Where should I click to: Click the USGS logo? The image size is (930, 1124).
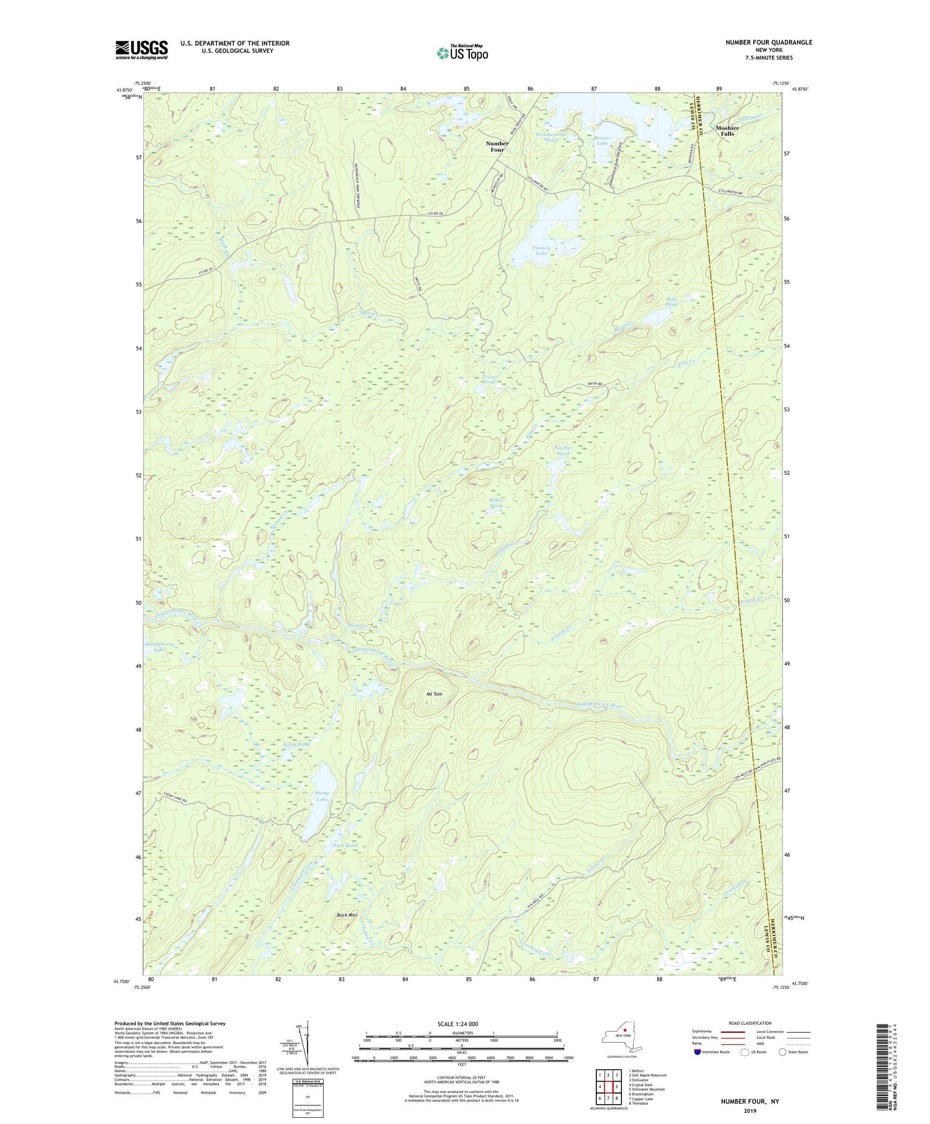pos(141,50)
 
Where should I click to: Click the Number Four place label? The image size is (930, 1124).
pos(497,146)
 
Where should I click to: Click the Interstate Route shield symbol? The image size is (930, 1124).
pos(697,1052)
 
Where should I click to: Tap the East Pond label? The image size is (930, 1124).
pos(345,846)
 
